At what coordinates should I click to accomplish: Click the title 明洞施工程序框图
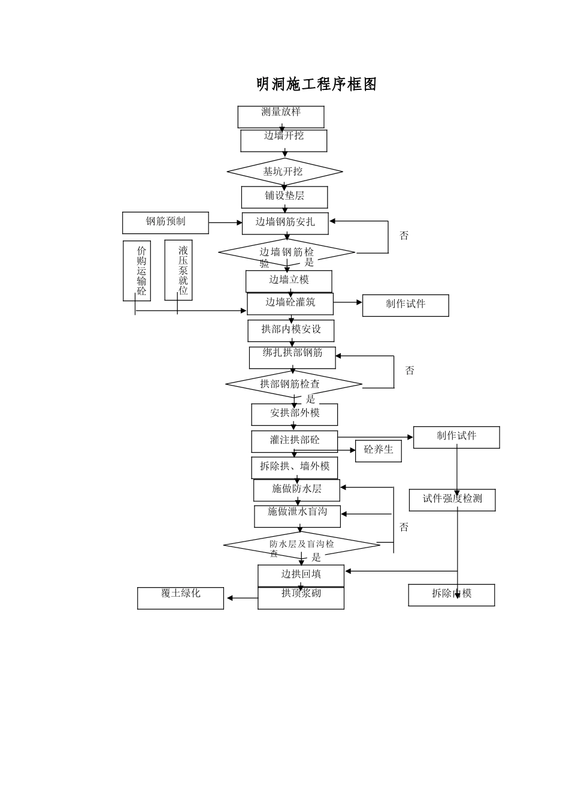(316, 85)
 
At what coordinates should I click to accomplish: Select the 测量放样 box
(281, 117)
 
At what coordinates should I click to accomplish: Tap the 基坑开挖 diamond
(284, 172)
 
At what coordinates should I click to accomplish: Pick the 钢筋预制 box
(166, 222)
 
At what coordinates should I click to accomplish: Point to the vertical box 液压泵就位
(178, 270)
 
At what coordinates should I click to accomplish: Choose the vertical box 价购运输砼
(137, 271)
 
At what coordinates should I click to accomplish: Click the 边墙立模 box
(289, 281)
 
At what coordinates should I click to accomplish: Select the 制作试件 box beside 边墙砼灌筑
(405, 305)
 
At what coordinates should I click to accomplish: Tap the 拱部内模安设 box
(291, 330)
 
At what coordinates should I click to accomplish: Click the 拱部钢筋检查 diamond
(293, 384)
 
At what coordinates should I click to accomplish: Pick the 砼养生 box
(378, 451)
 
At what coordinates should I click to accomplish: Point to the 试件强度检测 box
(452, 500)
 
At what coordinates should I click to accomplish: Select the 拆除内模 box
(452, 595)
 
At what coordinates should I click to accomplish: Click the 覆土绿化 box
(180, 598)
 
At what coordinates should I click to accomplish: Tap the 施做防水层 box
(296, 490)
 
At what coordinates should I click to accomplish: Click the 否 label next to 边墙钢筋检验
(404, 236)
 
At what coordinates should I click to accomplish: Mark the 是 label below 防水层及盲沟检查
(316, 557)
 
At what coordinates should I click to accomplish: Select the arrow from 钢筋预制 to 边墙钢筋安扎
(225, 223)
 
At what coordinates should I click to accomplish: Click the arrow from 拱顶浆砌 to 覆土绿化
(241, 598)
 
